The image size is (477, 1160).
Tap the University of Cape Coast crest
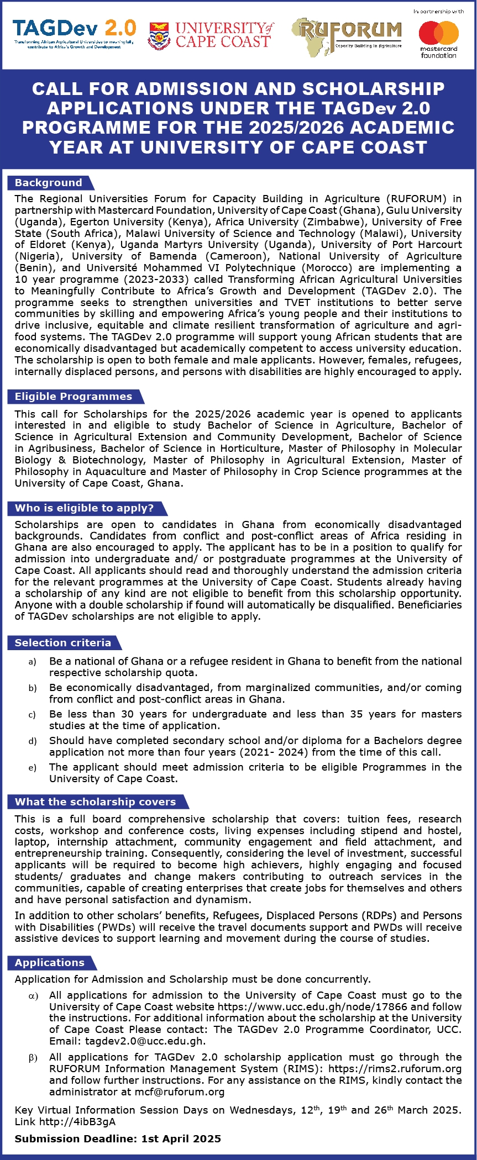click(x=159, y=35)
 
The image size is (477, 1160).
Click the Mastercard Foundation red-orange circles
click(x=439, y=33)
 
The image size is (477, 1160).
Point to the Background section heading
click(x=49, y=183)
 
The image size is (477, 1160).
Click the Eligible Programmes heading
click(x=74, y=397)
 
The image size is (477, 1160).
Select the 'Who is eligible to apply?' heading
click(x=85, y=508)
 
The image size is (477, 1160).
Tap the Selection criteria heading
click(x=63, y=643)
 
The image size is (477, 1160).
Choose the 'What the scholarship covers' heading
click(x=95, y=802)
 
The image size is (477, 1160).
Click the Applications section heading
click(x=50, y=963)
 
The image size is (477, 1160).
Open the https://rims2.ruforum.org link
click(x=395, y=1069)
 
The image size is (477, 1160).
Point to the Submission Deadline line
click(x=118, y=1139)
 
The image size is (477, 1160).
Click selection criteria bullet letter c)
click(x=32, y=715)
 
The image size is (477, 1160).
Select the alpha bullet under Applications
click(x=33, y=996)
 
